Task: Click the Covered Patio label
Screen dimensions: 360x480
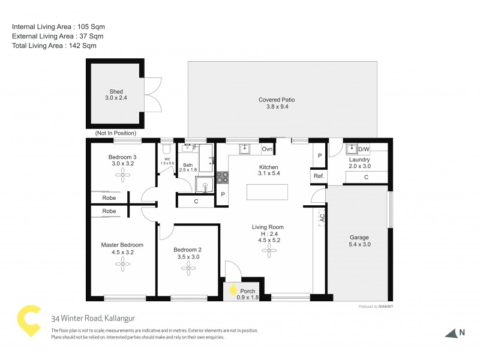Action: pos(277,100)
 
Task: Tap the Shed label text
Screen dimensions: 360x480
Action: pos(116,92)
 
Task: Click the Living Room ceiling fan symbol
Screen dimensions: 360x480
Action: pos(267,253)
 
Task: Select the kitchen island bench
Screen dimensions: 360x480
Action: pos(267,192)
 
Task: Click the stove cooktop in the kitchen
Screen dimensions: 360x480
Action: pos(222,177)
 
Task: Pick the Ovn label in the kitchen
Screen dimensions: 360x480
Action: pos(268,149)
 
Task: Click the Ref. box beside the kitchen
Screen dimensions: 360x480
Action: pos(318,176)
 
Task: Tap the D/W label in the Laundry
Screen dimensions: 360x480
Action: pos(364,149)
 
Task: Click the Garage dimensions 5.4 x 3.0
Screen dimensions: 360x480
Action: pos(359,245)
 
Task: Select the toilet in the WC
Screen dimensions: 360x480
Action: pos(166,148)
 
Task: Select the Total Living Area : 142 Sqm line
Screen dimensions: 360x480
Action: pos(54,45)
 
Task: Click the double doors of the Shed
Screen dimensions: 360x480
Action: pos(153,95)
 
